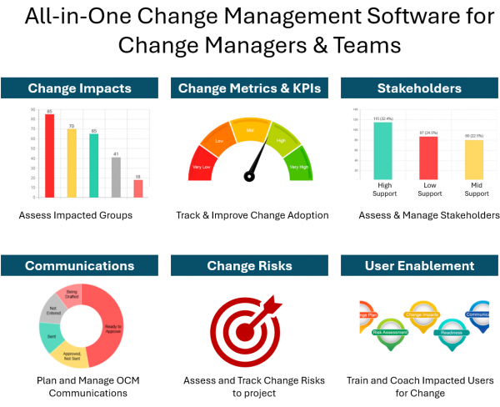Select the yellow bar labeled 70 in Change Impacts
coord(72,163)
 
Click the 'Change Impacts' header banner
coord(80,88)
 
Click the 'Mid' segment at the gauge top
coord(250,130)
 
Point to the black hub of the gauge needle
coord(249,176)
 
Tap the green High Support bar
coord(384,151)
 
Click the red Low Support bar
coord(428,158)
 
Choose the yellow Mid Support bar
coord(473,159)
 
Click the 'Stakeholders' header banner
coord(419,88)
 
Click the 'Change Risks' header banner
coord(249,266)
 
